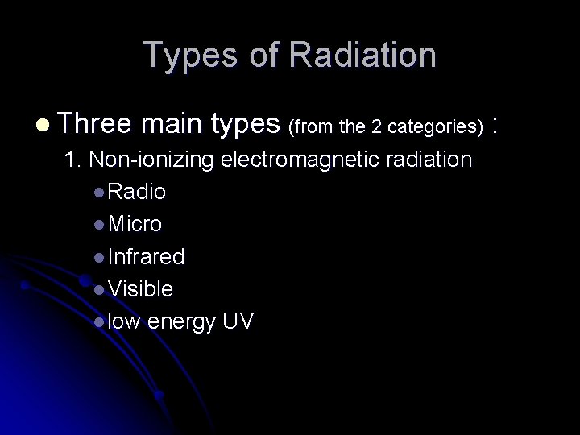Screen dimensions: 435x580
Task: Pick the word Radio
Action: tap(137, 193)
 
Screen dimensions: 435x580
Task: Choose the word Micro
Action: tap(135, 225)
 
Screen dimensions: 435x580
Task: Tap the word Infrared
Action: tap(146, 257)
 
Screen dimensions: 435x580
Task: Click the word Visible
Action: tap(140, 289)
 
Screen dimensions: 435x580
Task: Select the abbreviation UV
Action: tap(238, 322)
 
